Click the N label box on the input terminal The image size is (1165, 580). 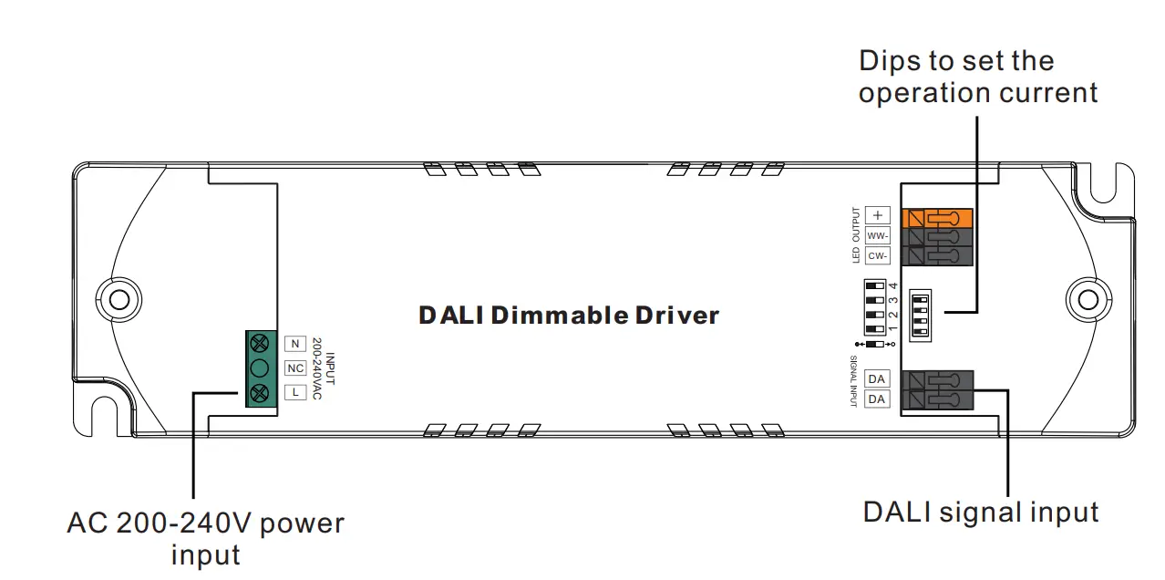[294, 344]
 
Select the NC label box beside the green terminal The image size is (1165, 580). [294, 368]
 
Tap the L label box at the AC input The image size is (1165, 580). [294, 392]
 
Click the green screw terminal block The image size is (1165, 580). [260, 368]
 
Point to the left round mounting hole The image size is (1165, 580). [119, 299]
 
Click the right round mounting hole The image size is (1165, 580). [1086, 299]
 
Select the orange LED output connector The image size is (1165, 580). [936, 218]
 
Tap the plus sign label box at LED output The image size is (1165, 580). [878, 215]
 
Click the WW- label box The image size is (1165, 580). [878, 235]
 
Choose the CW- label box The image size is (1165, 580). [878, 255]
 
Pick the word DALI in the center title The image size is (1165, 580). [451, 316]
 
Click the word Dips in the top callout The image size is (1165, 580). [891, 61]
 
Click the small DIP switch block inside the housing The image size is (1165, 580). [923, 316]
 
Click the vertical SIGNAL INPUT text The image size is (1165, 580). [854, 380]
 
